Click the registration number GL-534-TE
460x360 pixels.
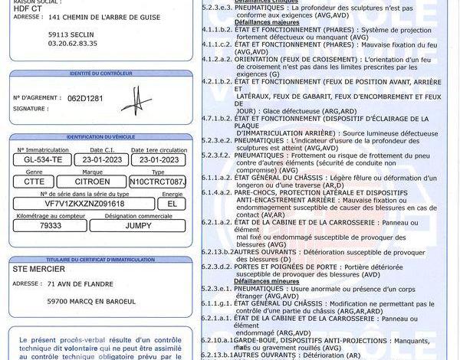[x=38, y=159]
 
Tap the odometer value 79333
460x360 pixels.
[x=51, y=225]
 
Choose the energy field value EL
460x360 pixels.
[x=172, y=204]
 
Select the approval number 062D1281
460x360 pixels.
[x=84, y=99]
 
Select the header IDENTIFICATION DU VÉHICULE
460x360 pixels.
[x=101, y=136]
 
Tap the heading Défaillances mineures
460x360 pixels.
[x=263, y=280]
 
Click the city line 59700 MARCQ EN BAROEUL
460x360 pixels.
[x=91, y=301]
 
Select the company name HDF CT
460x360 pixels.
[x=24, y=8]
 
